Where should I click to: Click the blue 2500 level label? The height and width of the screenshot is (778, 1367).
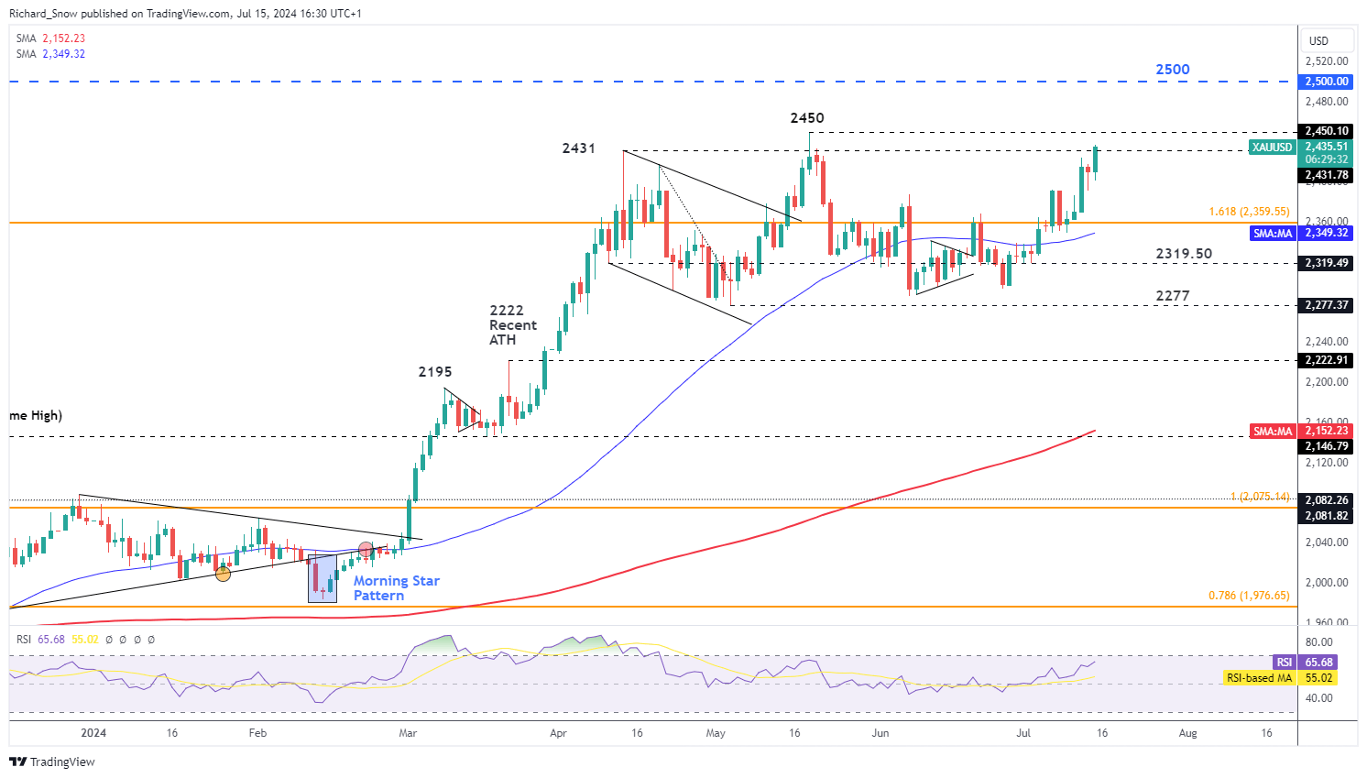[x=1172, y=70]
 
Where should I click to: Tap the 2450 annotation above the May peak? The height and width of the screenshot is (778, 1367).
[x=807, y=118]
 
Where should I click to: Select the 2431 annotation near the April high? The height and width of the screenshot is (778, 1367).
[x=578, y=148]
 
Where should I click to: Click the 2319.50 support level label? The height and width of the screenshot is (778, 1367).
[x=1183, y=254]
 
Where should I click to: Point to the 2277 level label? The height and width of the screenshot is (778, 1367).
[x=1172, y=296]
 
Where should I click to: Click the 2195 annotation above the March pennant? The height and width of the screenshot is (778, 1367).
[x=435, y=372]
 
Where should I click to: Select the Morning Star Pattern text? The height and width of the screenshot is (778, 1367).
[x=396, y=588]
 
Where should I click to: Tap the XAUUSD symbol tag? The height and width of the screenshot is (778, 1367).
[x=1272, y=148]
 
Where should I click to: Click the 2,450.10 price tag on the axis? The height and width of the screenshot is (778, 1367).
[x=1327, y=131]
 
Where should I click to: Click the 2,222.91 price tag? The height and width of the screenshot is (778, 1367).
[x=1327, y=360]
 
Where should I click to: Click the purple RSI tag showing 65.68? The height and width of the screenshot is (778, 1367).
[x=1285, y=663]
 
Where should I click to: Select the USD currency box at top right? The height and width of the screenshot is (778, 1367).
[x=1318, y=41]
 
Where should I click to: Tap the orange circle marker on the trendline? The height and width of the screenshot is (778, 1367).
[x=223, y=574]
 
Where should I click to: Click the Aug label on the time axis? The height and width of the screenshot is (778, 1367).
[x=1187, y=733]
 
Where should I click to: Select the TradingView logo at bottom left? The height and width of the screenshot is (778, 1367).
[x=52, y=762]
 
